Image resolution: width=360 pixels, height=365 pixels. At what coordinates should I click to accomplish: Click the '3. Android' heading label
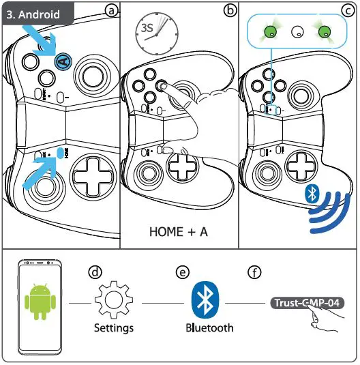pyautogui.click(x=33, y=14)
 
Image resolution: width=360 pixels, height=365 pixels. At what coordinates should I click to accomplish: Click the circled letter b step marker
pyautogui.click(x=230, y=10)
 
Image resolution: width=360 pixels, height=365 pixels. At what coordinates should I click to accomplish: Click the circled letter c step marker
pyautogui.click(x=348, y=10)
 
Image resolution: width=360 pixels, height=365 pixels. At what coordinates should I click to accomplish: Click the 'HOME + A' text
pyautogui.click(x=178, y=232)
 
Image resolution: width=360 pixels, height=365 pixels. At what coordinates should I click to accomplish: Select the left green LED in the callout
pyautogui.click(x=271, y=31)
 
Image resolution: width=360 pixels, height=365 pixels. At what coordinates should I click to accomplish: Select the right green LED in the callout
pyautogui.click(x=324, y=31)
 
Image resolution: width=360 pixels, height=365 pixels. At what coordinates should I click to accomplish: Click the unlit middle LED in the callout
pyautogui.click(x=297, y=31)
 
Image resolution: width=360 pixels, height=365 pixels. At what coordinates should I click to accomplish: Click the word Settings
pyautogui.click(x=113, y=328)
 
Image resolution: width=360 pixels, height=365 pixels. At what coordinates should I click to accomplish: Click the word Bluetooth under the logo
pyautogui.click(x=209, y=328)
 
